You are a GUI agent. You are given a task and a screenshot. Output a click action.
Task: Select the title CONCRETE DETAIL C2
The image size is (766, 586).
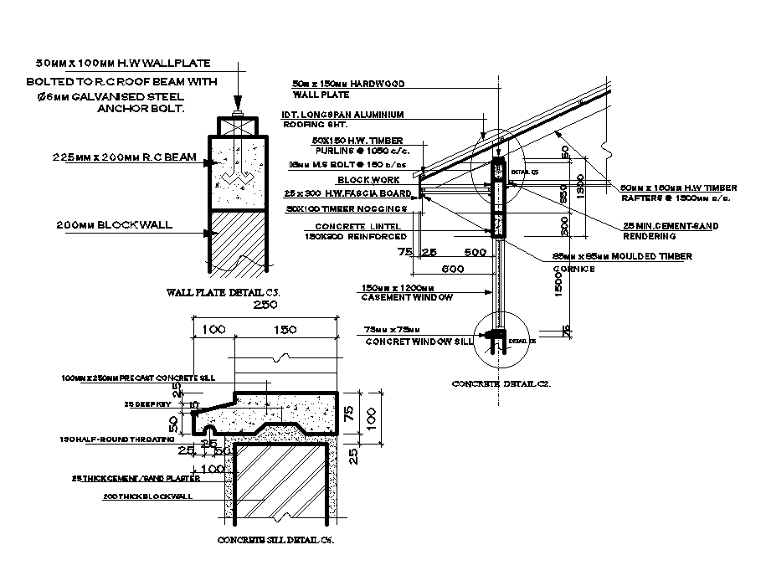(x=501, y=383)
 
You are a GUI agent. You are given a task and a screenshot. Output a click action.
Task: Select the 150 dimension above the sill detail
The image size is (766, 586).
(x=286, y=331)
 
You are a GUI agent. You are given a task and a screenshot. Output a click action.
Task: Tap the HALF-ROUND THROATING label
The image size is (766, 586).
(x=116, y=439)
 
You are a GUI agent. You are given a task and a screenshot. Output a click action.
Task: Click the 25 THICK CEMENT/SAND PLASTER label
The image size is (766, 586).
(x=136, y=479)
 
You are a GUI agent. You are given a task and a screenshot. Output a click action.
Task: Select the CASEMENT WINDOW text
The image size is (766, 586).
(x=406, y=298)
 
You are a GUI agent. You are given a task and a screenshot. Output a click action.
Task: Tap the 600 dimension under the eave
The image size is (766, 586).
(x=453, y=269)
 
